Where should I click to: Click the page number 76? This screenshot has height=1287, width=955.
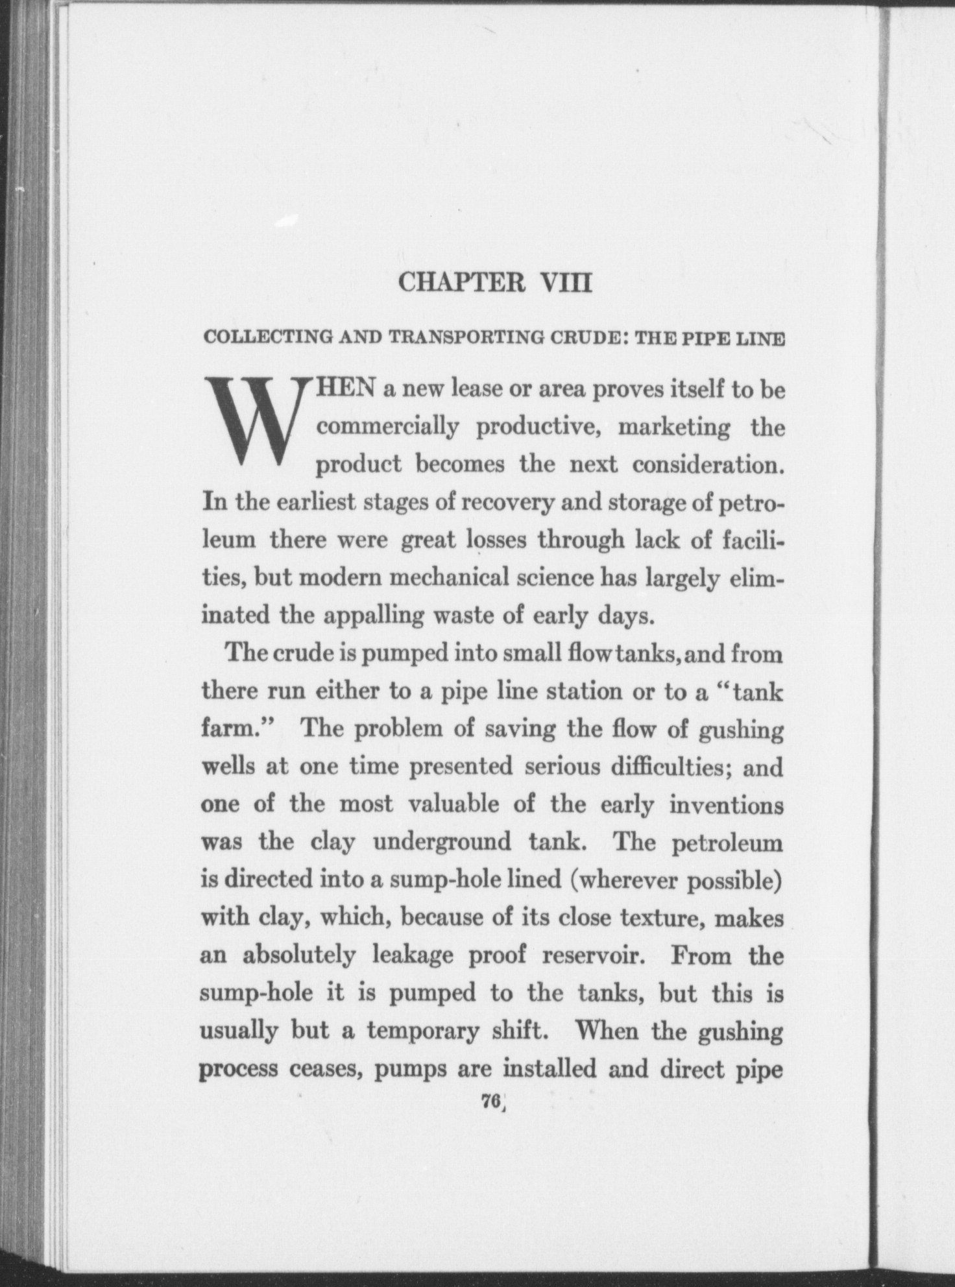(489, 1101)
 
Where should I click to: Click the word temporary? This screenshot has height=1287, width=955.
(422, 1031)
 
